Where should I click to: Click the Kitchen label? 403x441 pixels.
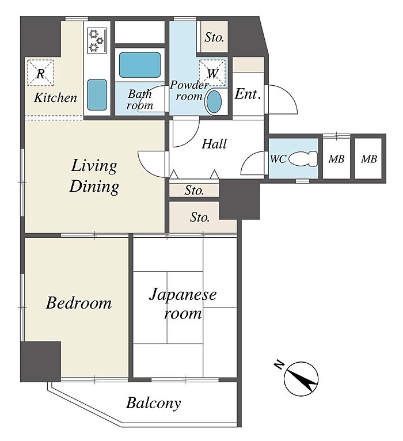click(x=55, y=98)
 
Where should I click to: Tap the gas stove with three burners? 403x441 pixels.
click(x=97, y=40)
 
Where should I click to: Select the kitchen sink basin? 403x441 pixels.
click(x=97, y=95)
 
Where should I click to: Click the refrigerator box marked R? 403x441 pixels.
click(x=40, y=73)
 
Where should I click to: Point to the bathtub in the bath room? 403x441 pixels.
click(x=140, y=65)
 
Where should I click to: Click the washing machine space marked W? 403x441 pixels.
click(x=212, y=73)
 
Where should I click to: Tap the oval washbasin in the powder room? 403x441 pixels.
click(x=214, y=101)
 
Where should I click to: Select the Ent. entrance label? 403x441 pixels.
click(x=248, y=94)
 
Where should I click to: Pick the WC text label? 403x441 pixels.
click(x=278, y=159)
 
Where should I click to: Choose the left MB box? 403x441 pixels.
click(x=336, y=158)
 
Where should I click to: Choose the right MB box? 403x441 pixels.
click(x=368, y=158)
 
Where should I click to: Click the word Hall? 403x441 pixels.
click(x=214, y=144)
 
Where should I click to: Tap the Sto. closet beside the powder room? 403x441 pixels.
click(x=214, y=37)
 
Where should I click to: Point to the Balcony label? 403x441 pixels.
click(x=153, y=403)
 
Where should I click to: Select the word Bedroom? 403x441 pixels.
click(x=79, y=303)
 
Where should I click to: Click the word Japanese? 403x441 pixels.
click(x=183, y=295)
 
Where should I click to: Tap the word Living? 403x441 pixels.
click(x=94, y=166)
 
